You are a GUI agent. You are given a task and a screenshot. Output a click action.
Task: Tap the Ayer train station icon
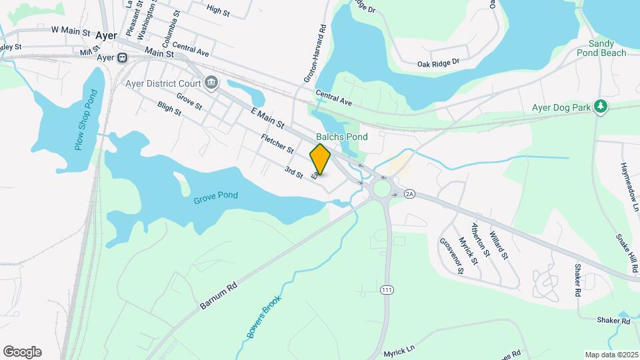(122, 58)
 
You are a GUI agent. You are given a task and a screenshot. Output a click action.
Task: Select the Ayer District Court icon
(211, 83)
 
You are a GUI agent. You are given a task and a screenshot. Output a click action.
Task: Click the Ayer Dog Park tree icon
(601, 107)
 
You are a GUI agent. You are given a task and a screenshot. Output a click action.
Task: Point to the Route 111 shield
(387, 290)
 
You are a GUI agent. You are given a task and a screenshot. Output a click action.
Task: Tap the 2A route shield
(409, 193)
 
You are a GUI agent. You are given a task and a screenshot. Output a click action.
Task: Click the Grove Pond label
(216, 196)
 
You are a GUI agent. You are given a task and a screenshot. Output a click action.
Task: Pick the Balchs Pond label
(342, 137)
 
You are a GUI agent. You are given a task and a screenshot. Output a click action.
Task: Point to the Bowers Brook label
(264, 316)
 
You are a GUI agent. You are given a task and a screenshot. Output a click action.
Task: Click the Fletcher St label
(277, 143)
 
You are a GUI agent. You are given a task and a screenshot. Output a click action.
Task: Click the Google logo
(22, 352)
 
